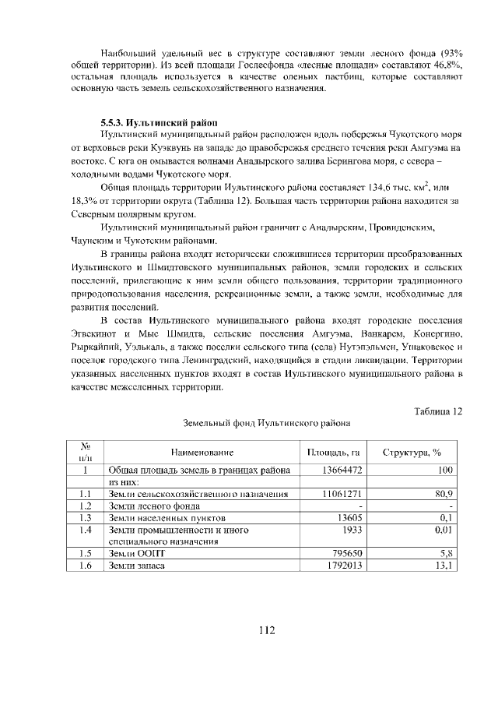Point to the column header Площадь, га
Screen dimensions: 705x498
(x=332, y=453)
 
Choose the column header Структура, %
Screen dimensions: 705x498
(x=412, y=453)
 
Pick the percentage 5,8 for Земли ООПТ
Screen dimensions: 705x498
(x=447, y=553)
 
